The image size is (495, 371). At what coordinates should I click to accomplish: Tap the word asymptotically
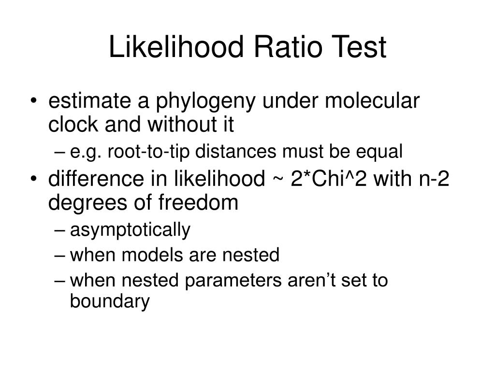(x=131, y=230)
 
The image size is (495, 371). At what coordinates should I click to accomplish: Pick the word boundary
(x=110, y=301)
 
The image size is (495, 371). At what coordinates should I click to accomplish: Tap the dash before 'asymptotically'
(x=61, y=230)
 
